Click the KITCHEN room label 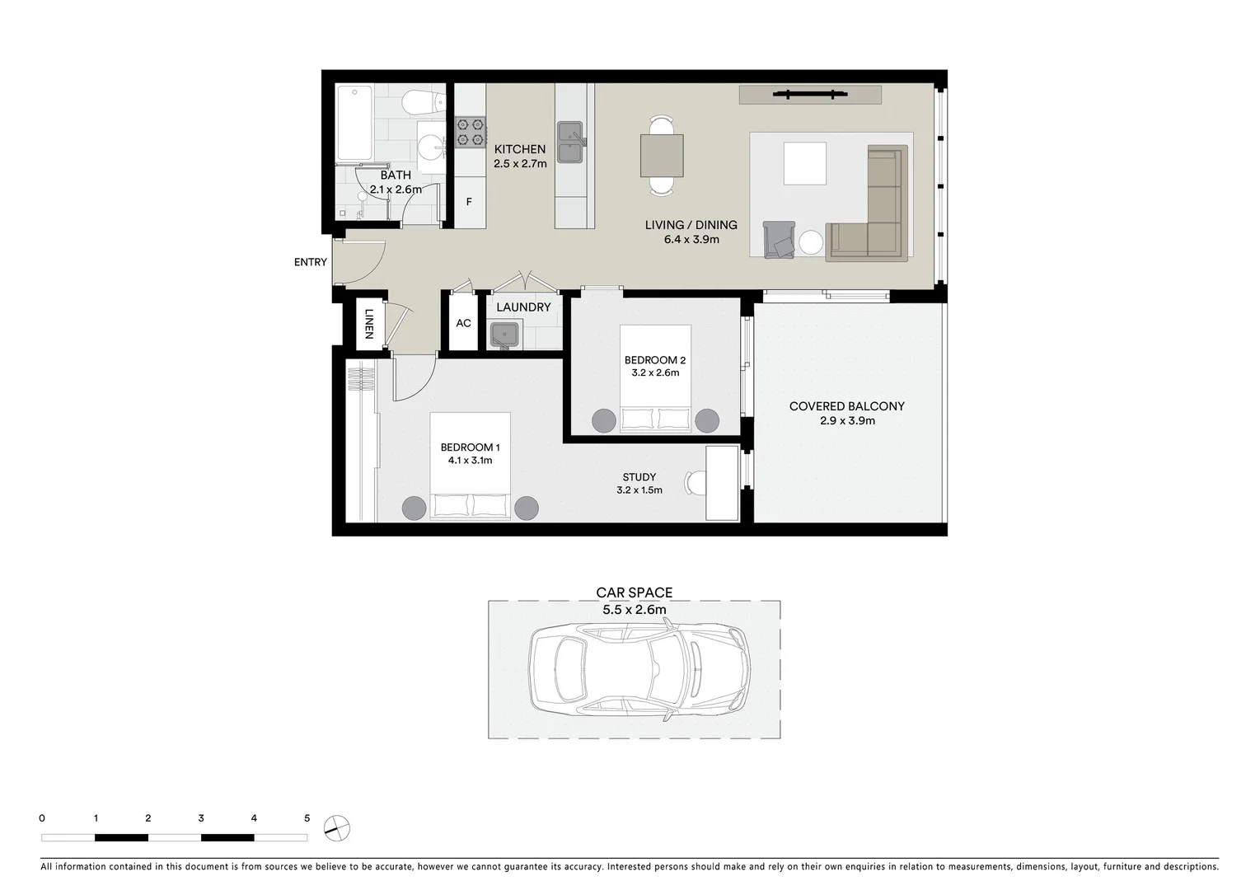click(519, 149)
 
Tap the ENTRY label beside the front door click(310, 262)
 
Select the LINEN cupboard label click(368, 324)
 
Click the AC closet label click(463, 323)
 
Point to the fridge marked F click(469, 201)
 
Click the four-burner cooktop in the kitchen click(470, 132)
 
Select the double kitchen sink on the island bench click(570, 142)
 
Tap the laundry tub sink click(504, 335)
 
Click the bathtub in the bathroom click(354, 124)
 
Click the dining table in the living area click(662, 155)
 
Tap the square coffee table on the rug click(804, 163)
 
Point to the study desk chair click(696, 482)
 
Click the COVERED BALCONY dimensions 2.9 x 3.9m click(847, 420)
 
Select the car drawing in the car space click(639, 669)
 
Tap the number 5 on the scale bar click(307, 818)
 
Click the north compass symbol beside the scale click(337, 827)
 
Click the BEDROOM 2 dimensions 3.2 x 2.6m click(655, 372)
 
